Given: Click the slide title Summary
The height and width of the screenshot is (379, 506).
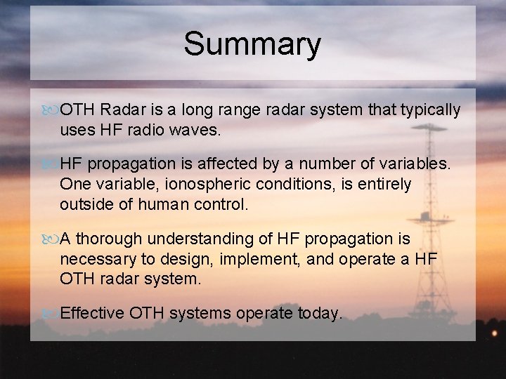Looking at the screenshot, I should (252, 44).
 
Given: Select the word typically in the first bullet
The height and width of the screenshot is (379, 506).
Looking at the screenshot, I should (430, 110).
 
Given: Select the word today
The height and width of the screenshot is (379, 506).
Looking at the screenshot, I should (319, 313).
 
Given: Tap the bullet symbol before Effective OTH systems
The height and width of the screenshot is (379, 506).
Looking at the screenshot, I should (51, 314).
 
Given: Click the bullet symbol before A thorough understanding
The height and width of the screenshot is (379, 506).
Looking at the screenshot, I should (51, 240).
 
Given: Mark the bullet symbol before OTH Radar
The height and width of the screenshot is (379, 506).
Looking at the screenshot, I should (51, 111).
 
